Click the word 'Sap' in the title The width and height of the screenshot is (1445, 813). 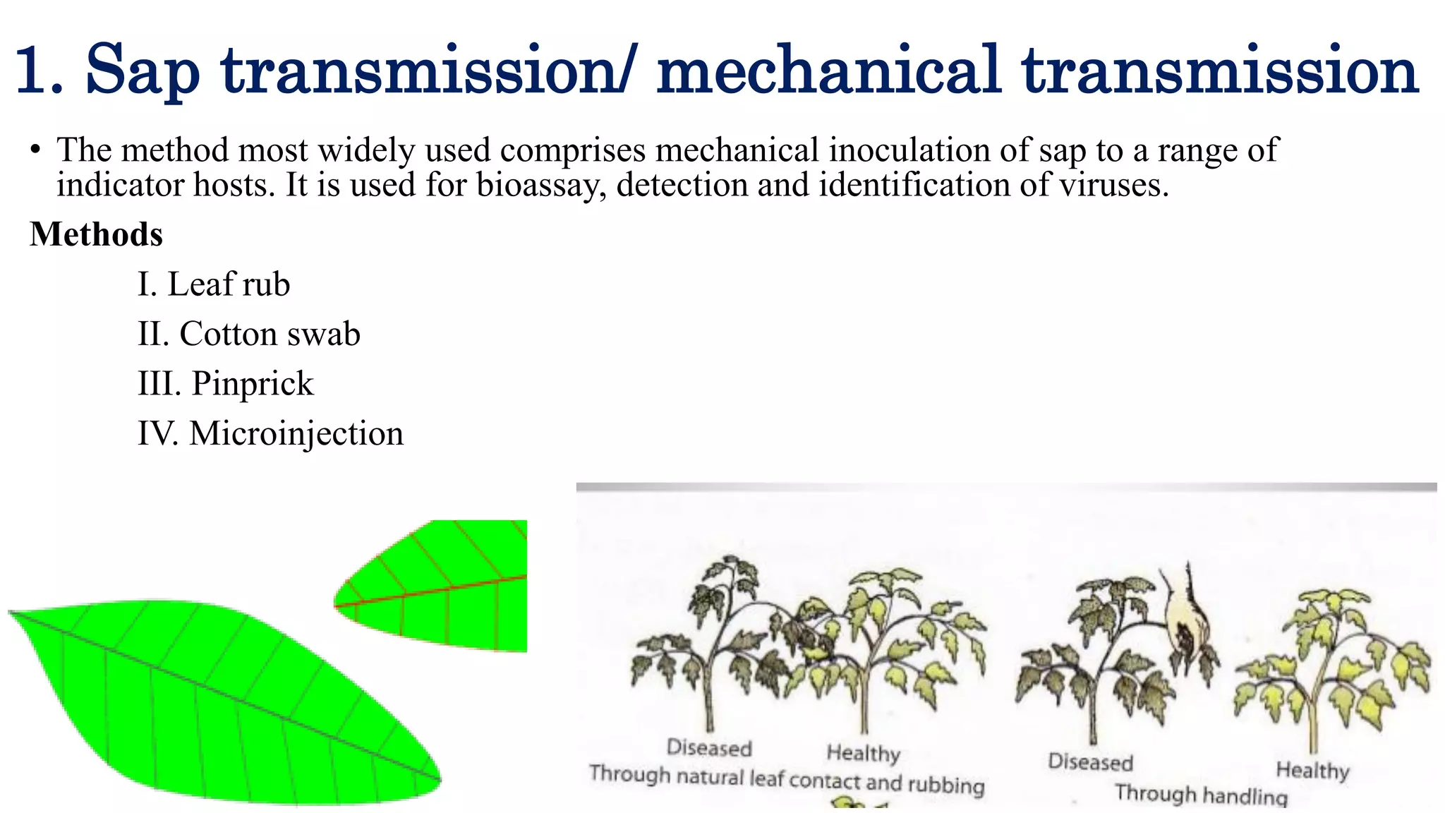point(143,71)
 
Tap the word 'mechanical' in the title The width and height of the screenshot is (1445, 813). point(828,71)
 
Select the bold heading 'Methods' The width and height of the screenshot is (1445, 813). point(96,234)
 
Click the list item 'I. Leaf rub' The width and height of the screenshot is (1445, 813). point(214,284)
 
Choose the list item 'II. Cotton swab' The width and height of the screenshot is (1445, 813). point(248,334)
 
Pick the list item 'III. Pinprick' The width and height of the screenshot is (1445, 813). point(225,384)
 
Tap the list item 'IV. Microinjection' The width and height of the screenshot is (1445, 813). point(270,433)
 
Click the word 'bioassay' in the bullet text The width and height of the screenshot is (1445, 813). point(540,186)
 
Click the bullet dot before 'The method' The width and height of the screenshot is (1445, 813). point(35,150)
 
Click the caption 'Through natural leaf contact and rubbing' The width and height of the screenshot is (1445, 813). point(787,779)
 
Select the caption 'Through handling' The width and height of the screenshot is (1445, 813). point(1201,795)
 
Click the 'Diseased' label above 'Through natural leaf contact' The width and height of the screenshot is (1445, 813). point(709,748)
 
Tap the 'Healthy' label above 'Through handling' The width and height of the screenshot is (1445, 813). point(1312,770)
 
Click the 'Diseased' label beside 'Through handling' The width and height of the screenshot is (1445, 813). point(1090,762)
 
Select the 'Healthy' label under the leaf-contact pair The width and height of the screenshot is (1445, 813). point(863,753)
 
